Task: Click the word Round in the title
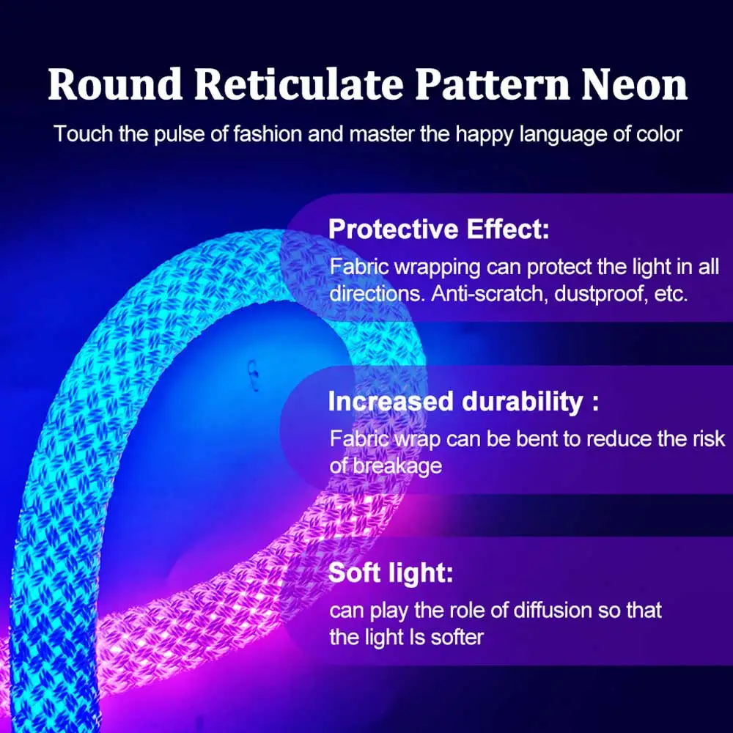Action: tap(115, 85)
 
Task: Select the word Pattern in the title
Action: tap(490, 85)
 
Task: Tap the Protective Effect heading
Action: tap(438, 229)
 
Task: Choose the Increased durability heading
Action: tap(463, 402)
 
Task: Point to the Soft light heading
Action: tap(391, 572)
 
